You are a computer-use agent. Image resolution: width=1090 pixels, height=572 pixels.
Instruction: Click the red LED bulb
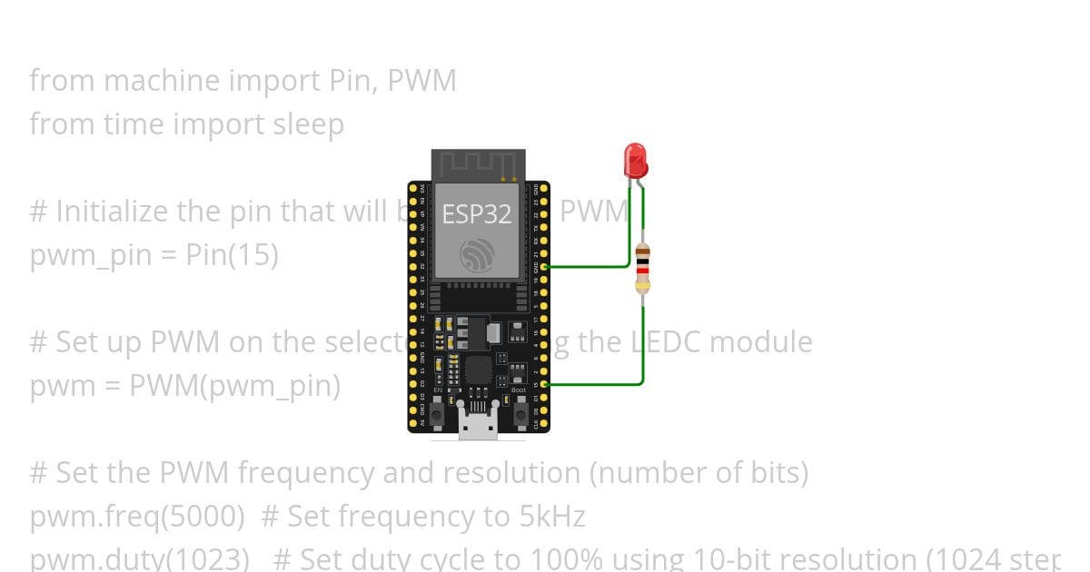[x=635, y=160]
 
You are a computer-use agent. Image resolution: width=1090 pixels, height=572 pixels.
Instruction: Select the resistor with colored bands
[x=642, y=268]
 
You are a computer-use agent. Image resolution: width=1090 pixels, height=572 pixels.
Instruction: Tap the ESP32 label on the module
[x=476, y=214]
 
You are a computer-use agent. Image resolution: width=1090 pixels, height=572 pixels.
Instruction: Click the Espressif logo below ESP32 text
[x=477, y=255]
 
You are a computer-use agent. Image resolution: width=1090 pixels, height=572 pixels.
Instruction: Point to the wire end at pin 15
[x=544, y=384]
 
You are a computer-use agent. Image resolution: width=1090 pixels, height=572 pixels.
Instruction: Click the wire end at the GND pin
[x=544, y=267]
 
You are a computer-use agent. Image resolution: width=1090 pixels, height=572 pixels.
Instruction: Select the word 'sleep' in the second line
[x=309, y=124]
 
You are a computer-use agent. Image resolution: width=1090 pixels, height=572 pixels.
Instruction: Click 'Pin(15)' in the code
[x=232, y=255]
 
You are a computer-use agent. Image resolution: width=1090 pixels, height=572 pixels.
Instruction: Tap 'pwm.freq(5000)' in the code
[x=137, y=517]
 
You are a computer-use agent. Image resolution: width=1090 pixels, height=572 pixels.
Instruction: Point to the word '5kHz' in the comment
[x=552, y=517]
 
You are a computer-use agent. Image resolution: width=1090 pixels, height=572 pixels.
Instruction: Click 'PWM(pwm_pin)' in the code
[x=234, y=386]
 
